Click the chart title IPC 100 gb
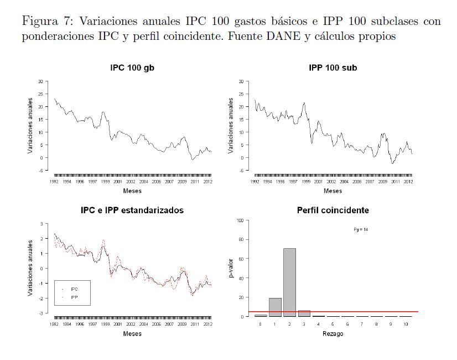[x=132, y=68]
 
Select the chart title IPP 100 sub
[x=333, y=68]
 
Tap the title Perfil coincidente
[x=333, y=210]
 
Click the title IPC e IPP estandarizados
[x=132, y=210]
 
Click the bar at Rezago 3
[x=304, y=313]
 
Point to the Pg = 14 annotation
[x=361, y=229]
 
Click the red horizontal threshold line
[x=360, y=312]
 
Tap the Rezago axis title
[x=333, y=333]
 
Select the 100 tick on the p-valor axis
[x=241, y=220]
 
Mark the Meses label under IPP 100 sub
[x=333, y=191]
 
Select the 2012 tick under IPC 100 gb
[x=206, y=181]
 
